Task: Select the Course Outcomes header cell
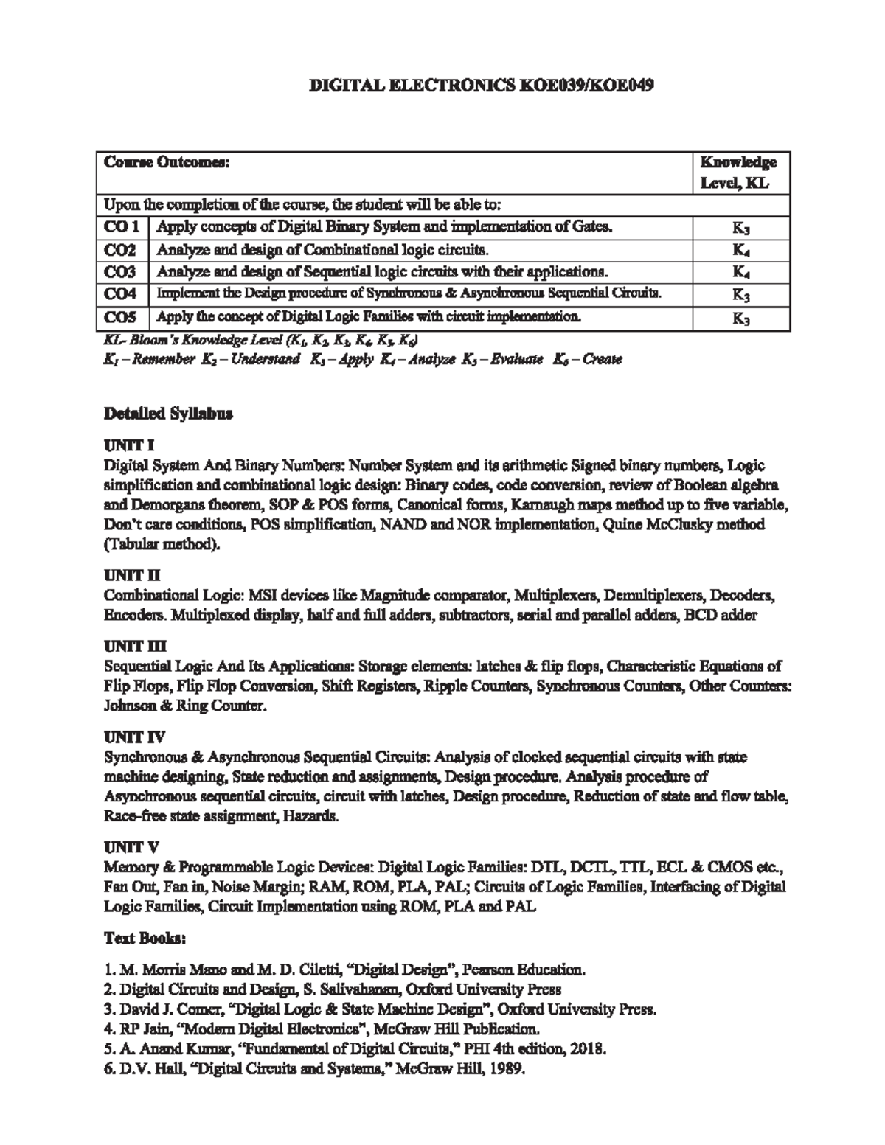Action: coord(167,162)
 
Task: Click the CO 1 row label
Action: coord(122,227)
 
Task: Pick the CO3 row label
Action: coord(121,272)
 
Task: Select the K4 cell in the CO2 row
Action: coord(741,251)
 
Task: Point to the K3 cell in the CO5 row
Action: coord(741,319)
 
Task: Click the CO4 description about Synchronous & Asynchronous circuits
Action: coord(408,294)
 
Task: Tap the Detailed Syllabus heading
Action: coord(168,414)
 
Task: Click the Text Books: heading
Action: coord(145,939)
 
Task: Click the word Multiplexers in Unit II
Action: coord(553,595)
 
